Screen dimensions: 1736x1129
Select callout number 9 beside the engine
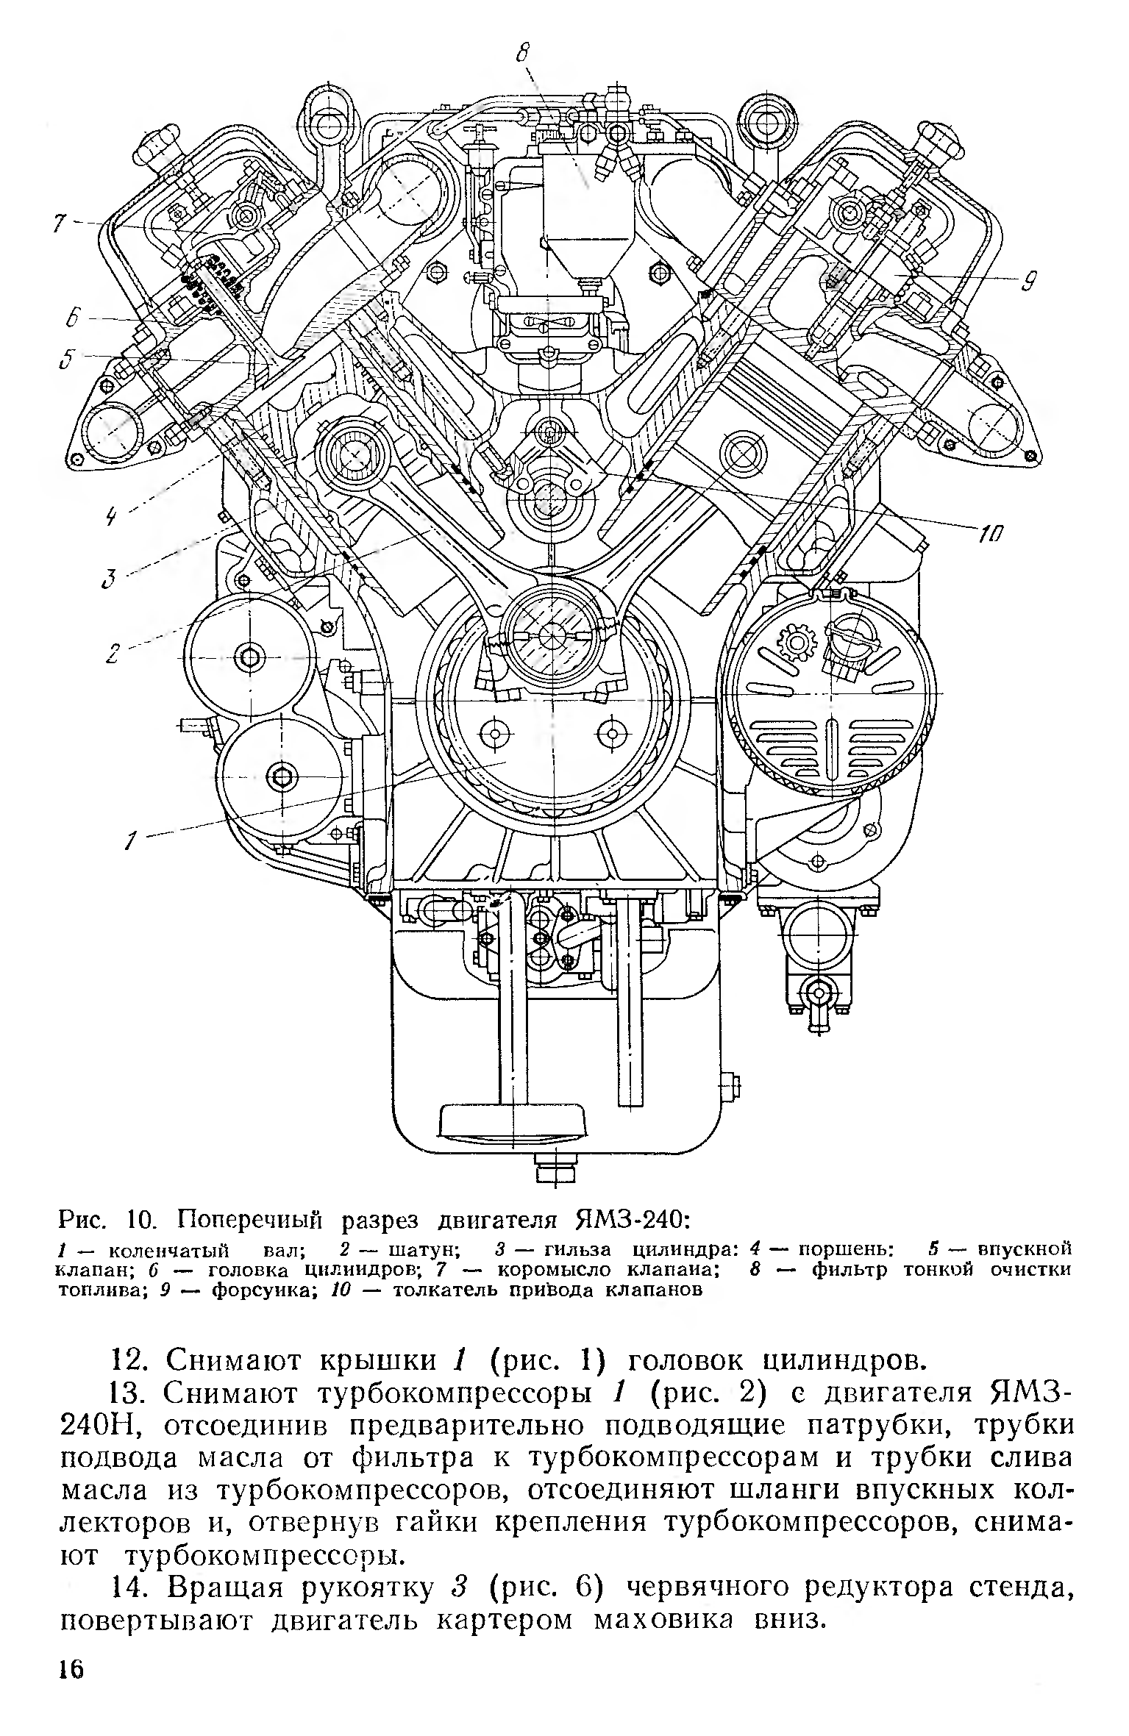coord(1030,280)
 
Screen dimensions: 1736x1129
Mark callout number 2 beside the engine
coord(113,653)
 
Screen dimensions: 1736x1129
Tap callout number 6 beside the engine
coord(72,319)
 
